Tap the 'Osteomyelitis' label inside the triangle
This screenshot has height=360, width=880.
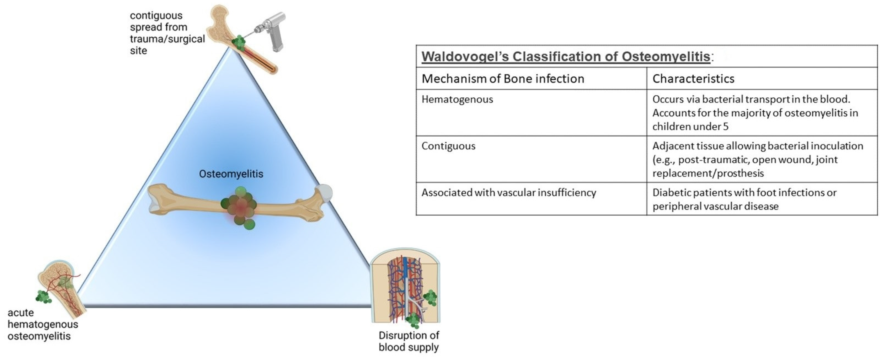[231, 174]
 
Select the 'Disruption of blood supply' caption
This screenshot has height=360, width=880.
[409, 341]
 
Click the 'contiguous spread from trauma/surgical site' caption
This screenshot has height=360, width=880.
[167, 33]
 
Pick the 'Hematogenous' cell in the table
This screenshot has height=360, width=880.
[457, 99]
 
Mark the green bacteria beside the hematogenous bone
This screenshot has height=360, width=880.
[43, 297]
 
